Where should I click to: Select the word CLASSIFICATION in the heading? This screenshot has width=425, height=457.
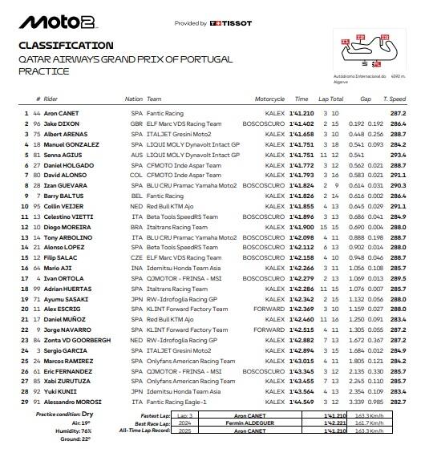coord(65,46)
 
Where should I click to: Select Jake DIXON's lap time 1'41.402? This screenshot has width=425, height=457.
coord(302,126)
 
